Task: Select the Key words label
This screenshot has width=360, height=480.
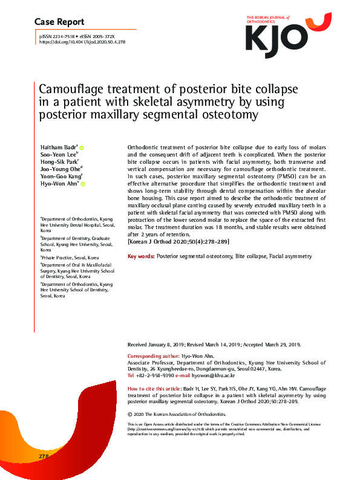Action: click(141, 256)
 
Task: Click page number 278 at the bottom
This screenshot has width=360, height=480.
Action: click(43, 455)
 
